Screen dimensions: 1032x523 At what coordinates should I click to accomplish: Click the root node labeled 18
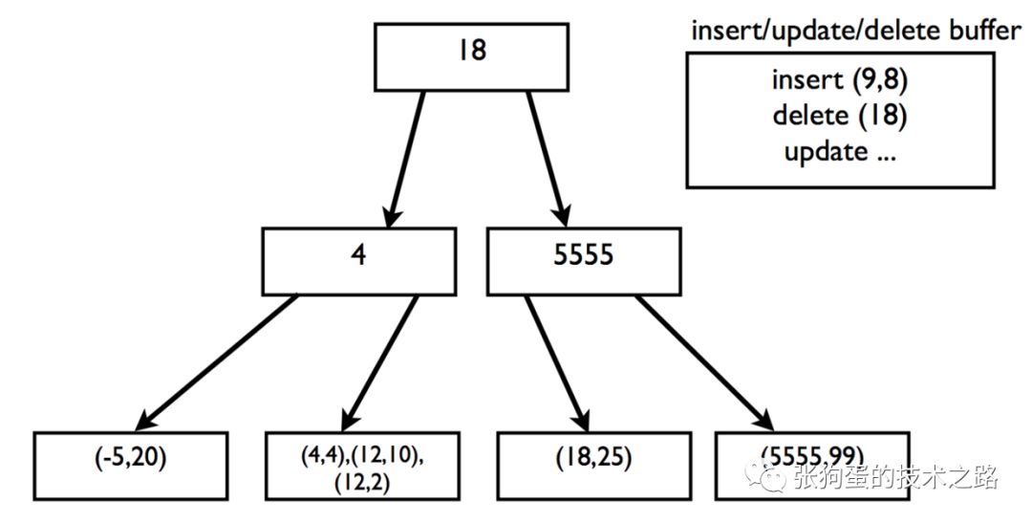(x=471, y=56)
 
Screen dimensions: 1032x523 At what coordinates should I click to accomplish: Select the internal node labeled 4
(x=358, y=262)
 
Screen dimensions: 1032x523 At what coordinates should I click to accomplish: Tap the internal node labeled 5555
(x=584, y=262)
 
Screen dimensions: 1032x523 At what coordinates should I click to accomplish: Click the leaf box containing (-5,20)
(x=130, y=466)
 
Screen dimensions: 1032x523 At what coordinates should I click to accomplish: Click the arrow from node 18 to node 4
(x=406, y=159)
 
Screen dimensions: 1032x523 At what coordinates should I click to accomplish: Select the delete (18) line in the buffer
(x=840, y=116)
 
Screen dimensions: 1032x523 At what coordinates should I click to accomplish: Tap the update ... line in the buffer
(x=840, y=152)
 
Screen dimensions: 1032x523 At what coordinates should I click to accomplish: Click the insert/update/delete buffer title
(x=855, y=31)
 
